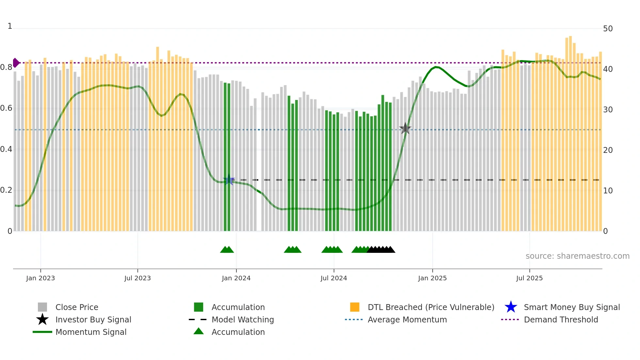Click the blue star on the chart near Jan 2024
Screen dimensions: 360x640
click(x=229, y=180)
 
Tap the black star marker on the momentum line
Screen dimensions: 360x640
click(x=405, y=128)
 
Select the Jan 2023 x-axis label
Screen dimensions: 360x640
click(x=40, y=278)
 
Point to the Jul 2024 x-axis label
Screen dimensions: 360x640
click(x=334, y=278)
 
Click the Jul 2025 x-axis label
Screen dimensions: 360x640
click(x=529, y=278)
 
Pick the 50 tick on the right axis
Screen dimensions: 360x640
click(x=608, y=29)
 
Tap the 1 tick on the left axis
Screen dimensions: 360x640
click(x=10, y=26)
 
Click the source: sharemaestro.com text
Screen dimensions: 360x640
click(x=577, y=256)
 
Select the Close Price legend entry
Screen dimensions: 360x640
click(x=77, y=307)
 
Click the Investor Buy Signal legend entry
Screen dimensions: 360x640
click(x=93, y=319)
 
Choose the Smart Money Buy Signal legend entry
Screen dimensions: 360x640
click(x=571, y=307)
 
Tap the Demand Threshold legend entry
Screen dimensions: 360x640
click(x=561, y=319)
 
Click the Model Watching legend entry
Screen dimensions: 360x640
click(x=243, y=319)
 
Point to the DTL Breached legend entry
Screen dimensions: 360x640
click(x=431, y=307)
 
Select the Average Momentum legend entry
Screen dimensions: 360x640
click(x=407, y=319)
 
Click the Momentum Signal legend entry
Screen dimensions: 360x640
click(x=91, y=332)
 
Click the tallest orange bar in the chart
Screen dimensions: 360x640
click(x=570, y=131)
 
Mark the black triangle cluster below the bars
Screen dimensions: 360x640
click(x=381, y=250)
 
